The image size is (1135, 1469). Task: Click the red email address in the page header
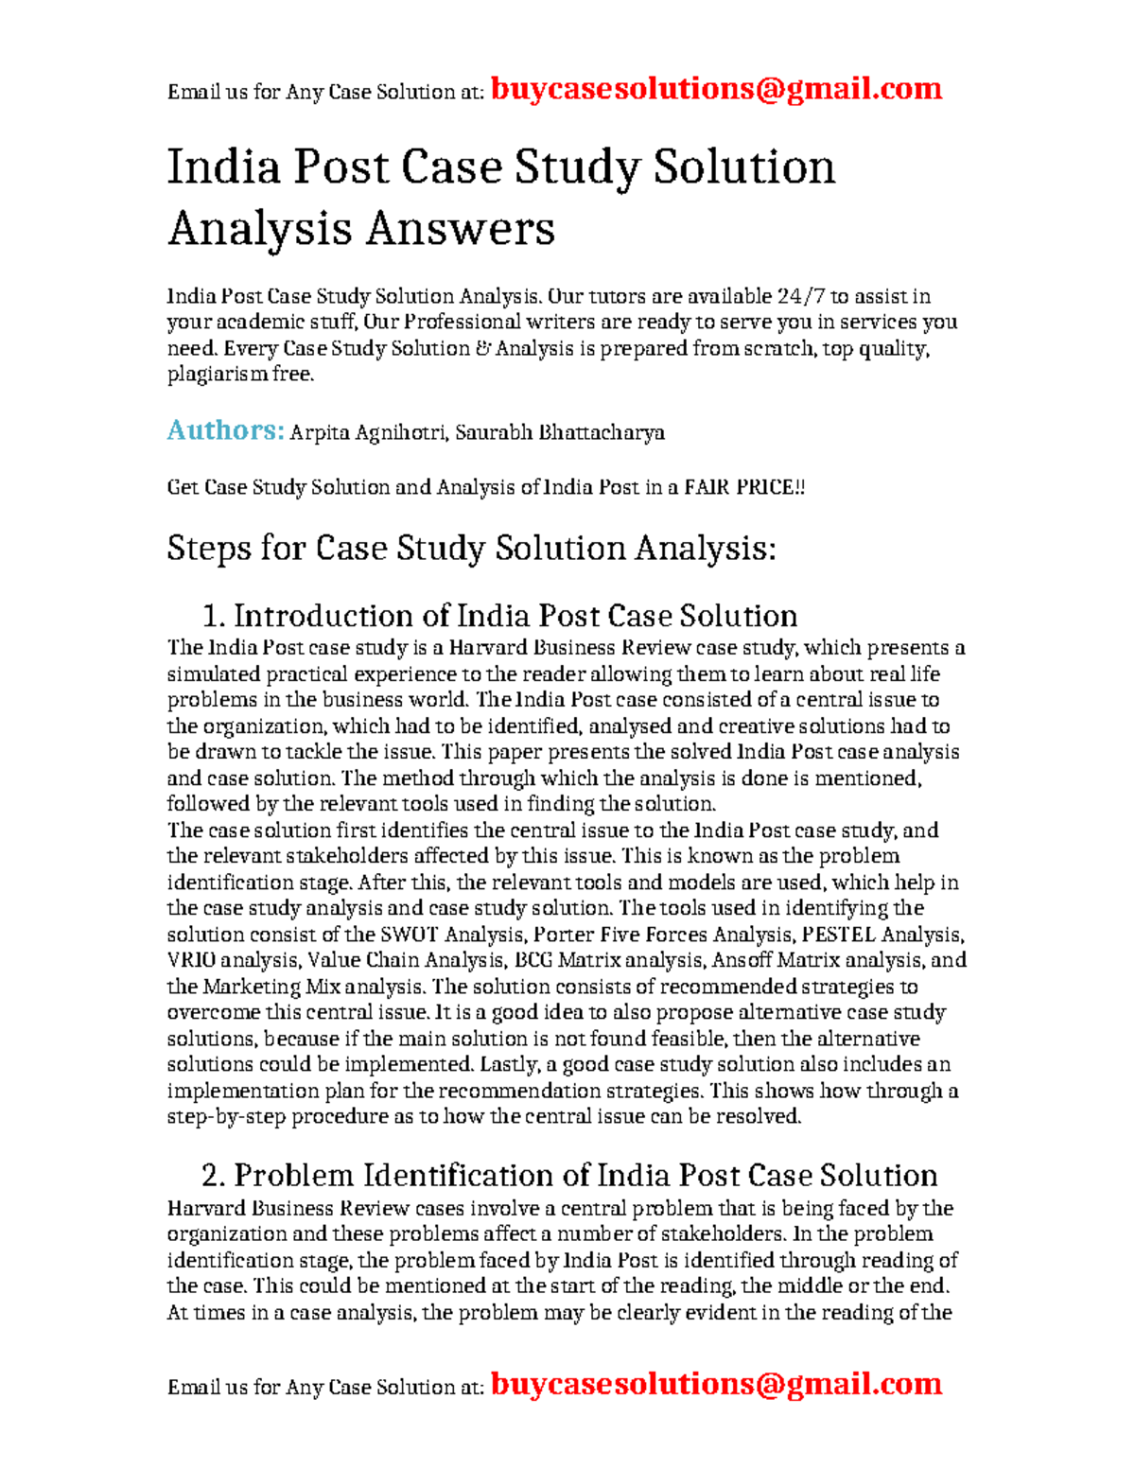pyautogui.click(x=716, y=89)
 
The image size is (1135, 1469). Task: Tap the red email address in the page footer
pyautogui.click(x=716, y=1384)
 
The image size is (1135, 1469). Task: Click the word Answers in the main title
pyautogui.click(x=460, y=229)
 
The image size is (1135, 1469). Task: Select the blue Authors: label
pyautogui.click(x=225, y=430)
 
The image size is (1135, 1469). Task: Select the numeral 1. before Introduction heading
pyautogui.click(x=214, y=617)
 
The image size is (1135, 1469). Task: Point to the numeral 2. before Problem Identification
pyautogui.click(x=214, y=1176)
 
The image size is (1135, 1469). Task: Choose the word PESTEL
pyautogui.click(x=838, y=935)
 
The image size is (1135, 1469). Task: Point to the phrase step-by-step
pyautogui.click(x=226, y=1117)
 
